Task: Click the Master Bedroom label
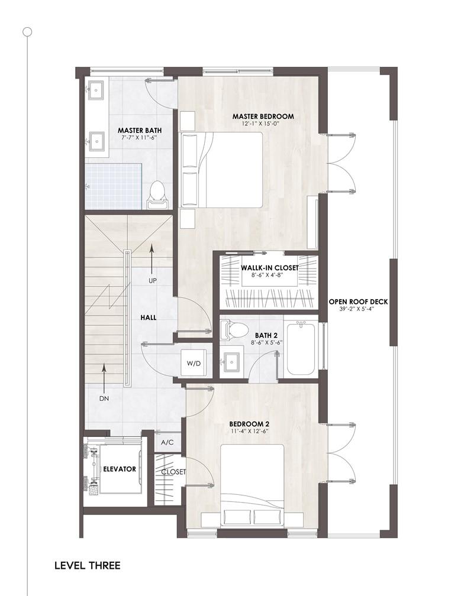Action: (x=263, y=116)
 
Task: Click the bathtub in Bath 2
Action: (x=301, y=348)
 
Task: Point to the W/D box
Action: (x=194, y=363)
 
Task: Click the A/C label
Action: (x=167, y=442)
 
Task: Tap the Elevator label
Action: (x=120, y=469)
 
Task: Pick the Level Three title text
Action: (x=88, y=565)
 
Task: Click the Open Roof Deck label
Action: (x=358, y=302)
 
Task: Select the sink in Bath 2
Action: (x=231, y=361)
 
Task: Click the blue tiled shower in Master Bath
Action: (x=114, y=186)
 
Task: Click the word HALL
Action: (x=149, y=318)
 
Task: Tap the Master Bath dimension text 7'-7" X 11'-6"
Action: (x=139, y=138)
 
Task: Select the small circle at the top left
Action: (x=27, y=31)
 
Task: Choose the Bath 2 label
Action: (x=266, y=335)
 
